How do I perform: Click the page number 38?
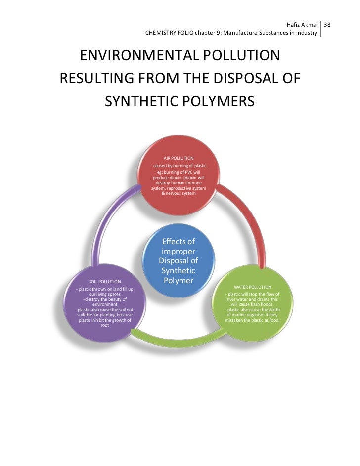point(327,24)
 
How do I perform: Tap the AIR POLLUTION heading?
point(179,158)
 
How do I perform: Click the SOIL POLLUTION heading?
point(105,282)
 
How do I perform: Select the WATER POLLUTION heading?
point(252,287)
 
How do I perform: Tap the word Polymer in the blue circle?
point(179,281)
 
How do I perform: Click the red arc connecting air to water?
point(247,217)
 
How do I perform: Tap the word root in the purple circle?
point(105,325)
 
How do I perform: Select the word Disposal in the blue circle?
point(179,261)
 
